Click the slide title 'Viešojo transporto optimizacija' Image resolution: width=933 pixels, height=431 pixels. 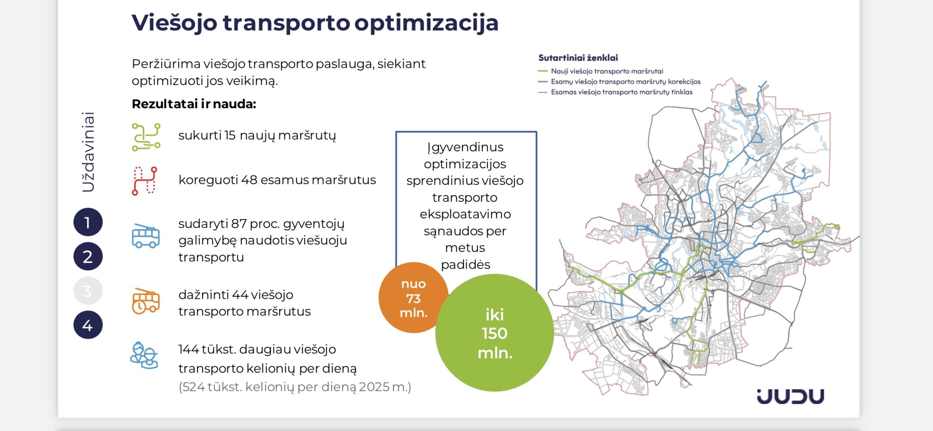(315, 23)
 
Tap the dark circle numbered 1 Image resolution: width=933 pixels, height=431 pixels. (88, 222)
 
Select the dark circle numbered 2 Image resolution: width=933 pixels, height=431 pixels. (88, 256)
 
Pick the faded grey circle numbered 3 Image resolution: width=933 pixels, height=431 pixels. (88, 291)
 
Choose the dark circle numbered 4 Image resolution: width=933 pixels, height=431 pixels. (88, 325)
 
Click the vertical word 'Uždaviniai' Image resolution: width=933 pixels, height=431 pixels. (88, 152)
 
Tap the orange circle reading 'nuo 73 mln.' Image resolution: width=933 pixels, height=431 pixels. (413, 298)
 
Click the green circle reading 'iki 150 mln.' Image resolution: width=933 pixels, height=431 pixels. (495, 333)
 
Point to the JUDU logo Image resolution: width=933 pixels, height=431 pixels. (790, 396)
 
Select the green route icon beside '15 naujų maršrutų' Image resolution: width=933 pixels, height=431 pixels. (146, 137)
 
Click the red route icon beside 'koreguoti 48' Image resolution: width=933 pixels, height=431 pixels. (144, 181)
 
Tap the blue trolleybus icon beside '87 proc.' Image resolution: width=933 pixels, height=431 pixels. (146, 236)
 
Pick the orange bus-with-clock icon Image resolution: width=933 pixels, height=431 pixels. (146, 301)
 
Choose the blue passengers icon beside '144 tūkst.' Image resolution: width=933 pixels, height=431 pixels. (144, 355)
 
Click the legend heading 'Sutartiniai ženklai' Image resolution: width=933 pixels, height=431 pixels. (578, 58)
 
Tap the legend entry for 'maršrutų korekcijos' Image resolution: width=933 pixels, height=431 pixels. (619, 82)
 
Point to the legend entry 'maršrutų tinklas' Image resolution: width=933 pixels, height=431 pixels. (615, 92)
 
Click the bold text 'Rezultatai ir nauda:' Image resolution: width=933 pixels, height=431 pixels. (194, 104)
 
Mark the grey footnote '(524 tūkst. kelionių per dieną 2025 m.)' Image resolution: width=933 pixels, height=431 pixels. (295, 387)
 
